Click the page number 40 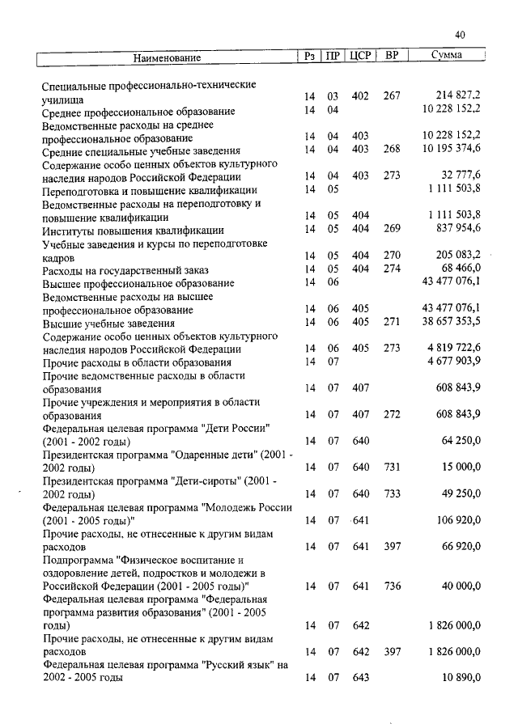click(461, 35)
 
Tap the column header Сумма click(447, 57)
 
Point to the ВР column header click(392, 57)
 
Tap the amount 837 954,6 click(457, 228)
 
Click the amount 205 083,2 click(457, 255)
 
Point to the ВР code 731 click(392, 467)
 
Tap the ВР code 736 click(392, 585)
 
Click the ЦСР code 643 click(361, 677)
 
